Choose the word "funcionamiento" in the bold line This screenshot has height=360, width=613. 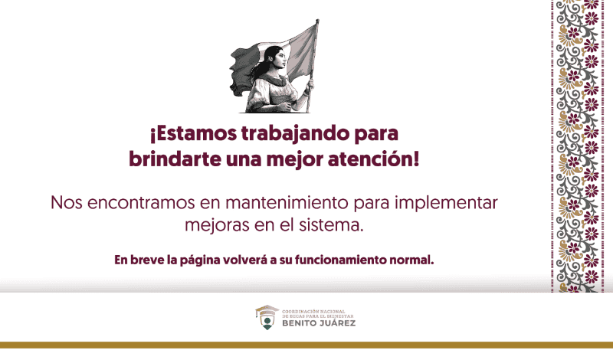tap(339, 259)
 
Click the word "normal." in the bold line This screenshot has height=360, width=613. tap(412, 259)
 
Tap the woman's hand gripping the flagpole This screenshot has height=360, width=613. tap(307, 86)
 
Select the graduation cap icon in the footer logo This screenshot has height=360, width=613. tap(267, 311)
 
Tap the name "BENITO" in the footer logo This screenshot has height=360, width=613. tap(298, 323)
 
